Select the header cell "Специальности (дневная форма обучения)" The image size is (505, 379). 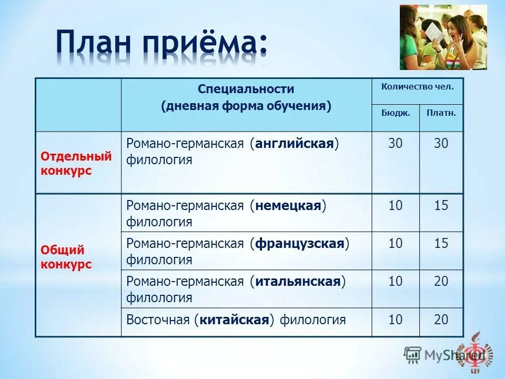[246, 97]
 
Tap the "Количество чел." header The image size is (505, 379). [418, 86]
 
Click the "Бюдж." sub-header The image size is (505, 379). [396, 112]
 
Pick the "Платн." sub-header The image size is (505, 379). [441, 112]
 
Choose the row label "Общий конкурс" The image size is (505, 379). [66, 257]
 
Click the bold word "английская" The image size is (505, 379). [295, 144]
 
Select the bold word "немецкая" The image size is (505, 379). [288, 206]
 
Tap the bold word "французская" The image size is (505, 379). [300, 244]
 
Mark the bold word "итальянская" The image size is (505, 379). [298, 282]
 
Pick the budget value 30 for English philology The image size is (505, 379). [396, 144]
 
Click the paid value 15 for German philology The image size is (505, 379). [441, 206]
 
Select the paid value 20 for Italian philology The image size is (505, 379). [441, 282]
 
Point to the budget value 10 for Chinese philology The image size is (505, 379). [396, 320]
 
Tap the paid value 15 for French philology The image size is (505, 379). [441, 244]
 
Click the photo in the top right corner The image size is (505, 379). [443, 37]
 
